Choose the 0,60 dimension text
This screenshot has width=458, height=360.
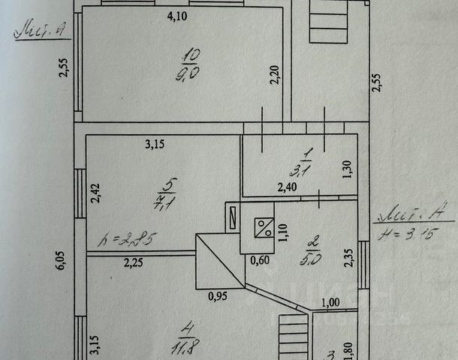click(x=259, y=261)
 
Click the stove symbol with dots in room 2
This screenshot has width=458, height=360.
click(x=264, y=226)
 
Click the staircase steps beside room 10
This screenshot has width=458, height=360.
click(x=330, y=22)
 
